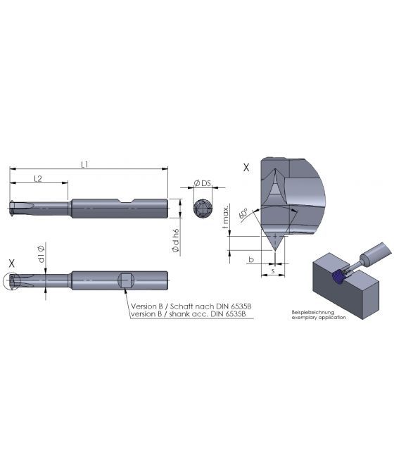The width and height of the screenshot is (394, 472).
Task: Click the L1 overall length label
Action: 84,164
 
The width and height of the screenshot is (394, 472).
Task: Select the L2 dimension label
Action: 38,179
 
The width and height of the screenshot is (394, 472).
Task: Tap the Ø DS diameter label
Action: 203,184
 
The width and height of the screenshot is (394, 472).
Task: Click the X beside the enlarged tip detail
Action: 245,168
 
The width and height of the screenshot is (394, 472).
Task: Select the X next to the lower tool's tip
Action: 11,262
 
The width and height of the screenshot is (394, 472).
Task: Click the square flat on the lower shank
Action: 125,280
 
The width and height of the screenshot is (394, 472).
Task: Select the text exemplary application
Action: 319,318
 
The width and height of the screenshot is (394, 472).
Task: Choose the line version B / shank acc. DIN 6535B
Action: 188,314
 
